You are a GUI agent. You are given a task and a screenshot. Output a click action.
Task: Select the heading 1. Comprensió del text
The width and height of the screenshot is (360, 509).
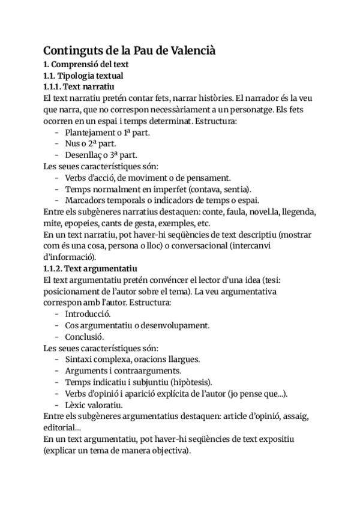click(x=86, y=64)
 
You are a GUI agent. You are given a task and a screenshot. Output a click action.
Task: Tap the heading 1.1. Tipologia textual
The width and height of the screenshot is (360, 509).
click(x=83, y=76)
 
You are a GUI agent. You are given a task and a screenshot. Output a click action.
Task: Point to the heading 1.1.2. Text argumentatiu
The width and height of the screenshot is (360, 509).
click(x=91, y=268)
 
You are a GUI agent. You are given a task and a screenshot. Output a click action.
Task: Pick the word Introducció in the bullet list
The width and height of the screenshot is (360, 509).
click(x=88, y=313)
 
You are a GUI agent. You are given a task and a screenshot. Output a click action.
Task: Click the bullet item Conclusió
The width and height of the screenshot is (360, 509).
click(x=85, y=336)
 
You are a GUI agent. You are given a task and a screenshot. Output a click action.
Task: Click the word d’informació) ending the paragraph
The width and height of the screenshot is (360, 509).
click(x=68, y=256)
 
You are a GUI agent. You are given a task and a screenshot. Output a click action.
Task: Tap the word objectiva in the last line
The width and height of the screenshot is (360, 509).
click(x=168, y=450)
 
